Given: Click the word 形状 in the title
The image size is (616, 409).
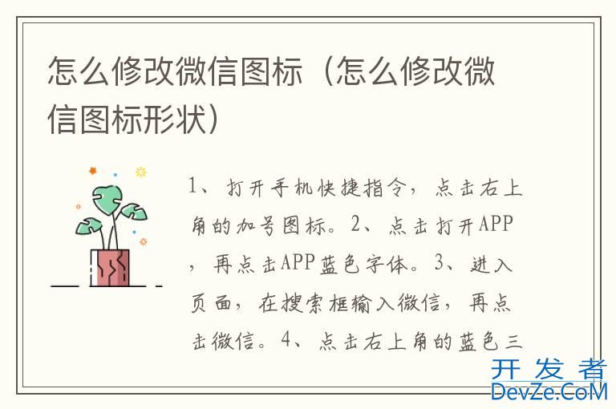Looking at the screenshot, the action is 175,119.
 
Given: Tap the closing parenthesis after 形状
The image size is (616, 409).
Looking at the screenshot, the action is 213,119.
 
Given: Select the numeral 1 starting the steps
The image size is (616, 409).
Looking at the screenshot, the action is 192,185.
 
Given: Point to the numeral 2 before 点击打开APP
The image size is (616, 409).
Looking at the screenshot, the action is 355,224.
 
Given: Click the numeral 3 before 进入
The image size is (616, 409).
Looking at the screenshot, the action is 440,262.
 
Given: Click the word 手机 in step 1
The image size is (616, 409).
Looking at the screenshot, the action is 291,188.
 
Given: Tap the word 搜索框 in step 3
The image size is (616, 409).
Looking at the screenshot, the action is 303,303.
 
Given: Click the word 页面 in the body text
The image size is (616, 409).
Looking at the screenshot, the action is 212,303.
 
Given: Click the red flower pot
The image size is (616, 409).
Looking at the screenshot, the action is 110,267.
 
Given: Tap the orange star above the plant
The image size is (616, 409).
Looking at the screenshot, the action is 93,171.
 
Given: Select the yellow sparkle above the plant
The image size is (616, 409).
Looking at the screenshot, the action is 140,172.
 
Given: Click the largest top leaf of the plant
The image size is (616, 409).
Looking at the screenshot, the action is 107,199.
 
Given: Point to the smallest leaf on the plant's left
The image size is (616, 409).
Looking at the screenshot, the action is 88,226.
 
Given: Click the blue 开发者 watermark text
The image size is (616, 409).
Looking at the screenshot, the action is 549,370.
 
